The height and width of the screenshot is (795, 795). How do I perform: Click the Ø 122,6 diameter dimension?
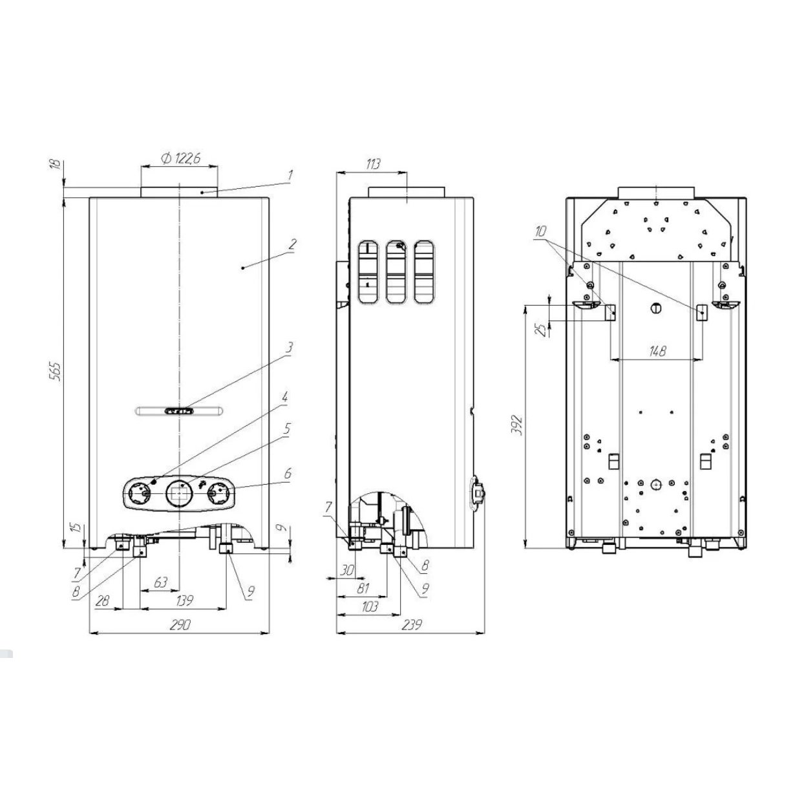[x=181, y=158]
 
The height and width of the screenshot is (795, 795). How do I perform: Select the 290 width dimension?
[x=180, y=624]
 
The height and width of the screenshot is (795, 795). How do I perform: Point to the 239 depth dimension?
[x=411, y=624]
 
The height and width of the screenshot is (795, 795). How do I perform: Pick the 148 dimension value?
[x=657, y=351]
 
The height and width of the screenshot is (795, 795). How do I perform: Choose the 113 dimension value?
[x=372, y=164]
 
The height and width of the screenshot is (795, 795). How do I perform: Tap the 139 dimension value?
[x=184, y=600]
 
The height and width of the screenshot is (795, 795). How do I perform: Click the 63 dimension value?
[x=160, y=582]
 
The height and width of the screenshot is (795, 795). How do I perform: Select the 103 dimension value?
[x=369, y=606]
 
